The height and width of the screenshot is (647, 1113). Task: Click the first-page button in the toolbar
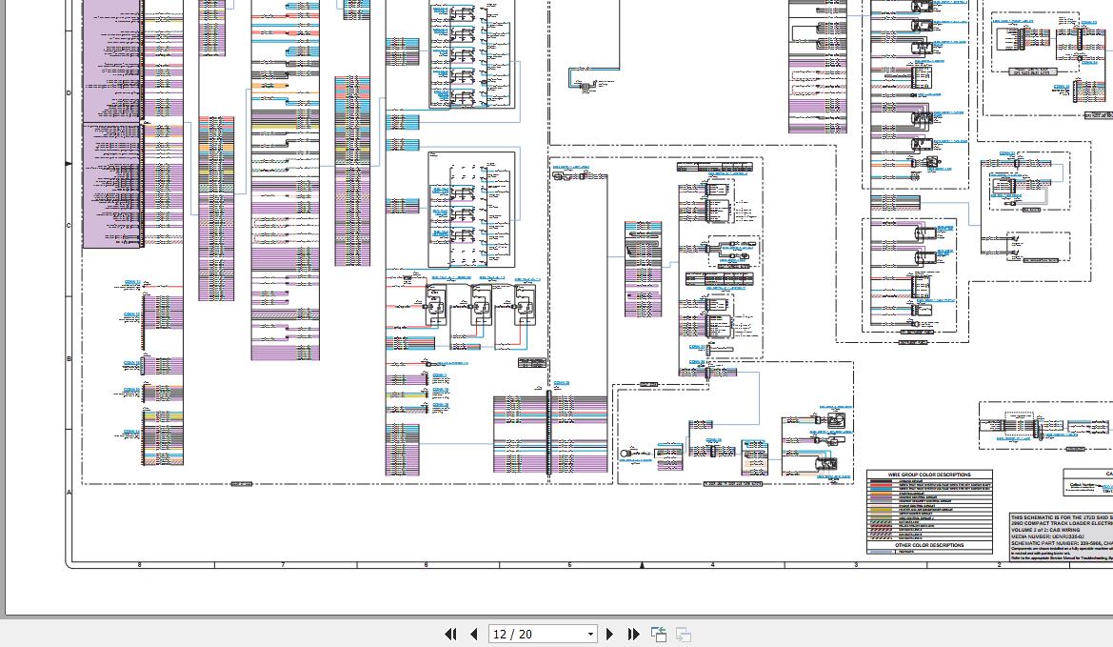450,634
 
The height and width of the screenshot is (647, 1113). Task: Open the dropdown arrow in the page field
590,635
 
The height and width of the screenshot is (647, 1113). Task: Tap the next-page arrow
610,634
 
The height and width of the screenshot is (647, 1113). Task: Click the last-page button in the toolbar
633,634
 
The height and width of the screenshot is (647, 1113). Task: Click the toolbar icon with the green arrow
658,634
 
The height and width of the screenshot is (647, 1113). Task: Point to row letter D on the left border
69,92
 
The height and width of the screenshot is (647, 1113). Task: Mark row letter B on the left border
69,359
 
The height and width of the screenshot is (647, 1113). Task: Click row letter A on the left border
69,493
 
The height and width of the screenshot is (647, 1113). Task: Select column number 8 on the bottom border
140,565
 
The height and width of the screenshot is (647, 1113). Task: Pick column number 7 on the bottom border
283,565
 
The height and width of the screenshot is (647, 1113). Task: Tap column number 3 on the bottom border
855,565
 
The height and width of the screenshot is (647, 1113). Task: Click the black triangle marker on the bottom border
642,565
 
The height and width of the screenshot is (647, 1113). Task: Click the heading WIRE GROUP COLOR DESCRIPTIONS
929,475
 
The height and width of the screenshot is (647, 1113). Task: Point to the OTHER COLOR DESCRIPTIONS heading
929,545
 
